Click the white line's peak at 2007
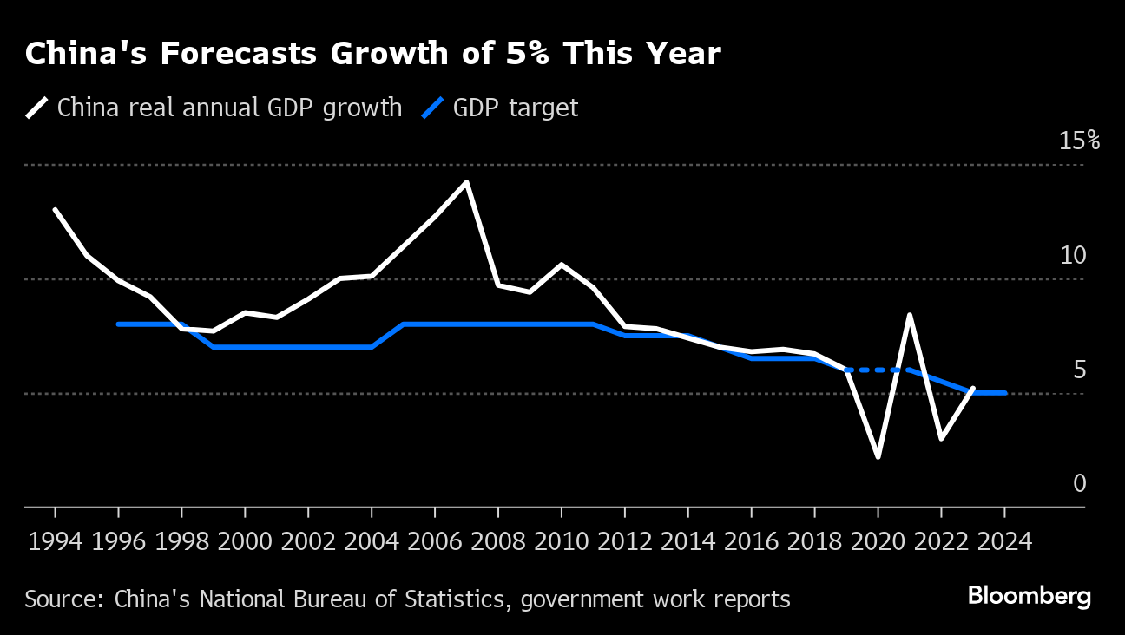pos(466,182)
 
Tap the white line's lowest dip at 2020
pos(878,456)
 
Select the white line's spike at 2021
pos(909,315)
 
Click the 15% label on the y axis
pos(1079,141)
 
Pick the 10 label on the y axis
pos(1073,255)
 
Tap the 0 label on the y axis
pos(1079,483)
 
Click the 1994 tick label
pos(56,542)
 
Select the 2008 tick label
pos(498,542)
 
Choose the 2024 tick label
pos(1004,542)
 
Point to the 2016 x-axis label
pos(751,542)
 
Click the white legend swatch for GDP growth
pos(37,108)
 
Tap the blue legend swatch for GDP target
pos(433,108)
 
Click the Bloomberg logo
pos(1029,597)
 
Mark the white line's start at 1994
pos(56,210)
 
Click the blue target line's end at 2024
pos(1004,393)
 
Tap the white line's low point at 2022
pos(941,438)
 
